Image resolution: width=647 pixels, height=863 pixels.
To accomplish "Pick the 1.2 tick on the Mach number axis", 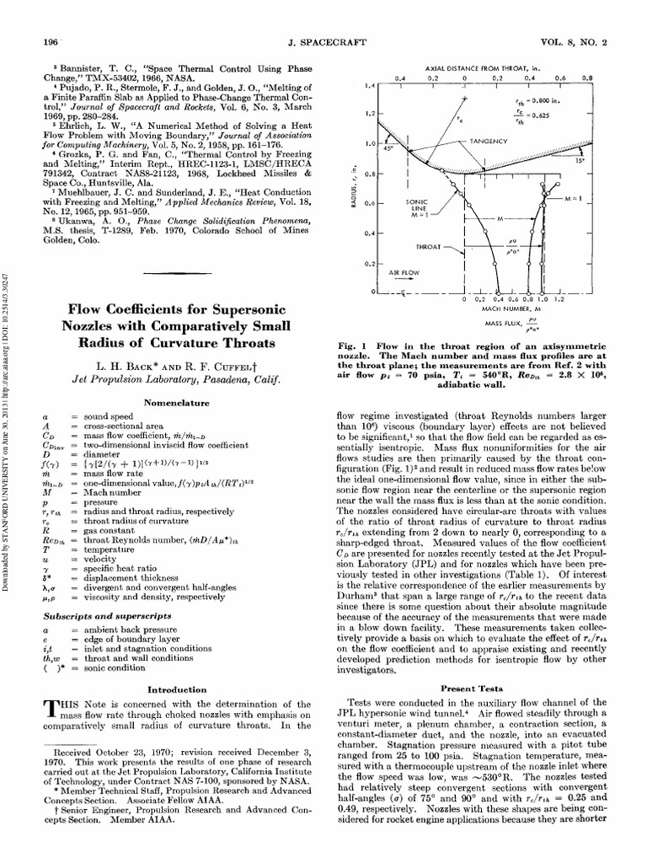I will pos(559,299).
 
